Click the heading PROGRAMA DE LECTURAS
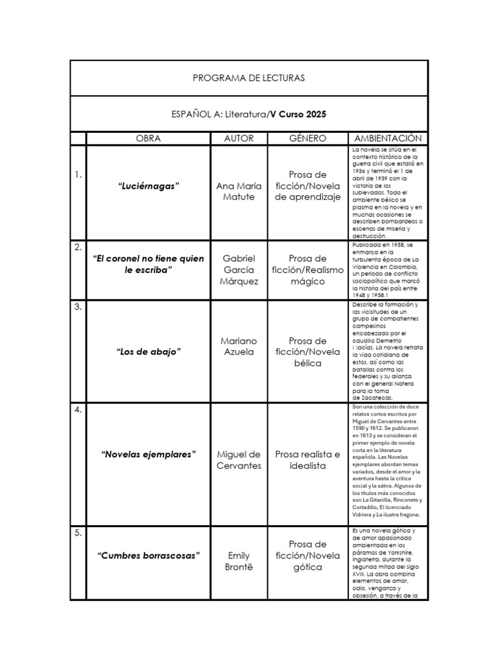(x=248, y=78)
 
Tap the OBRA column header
(x=148, y=138)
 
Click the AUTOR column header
(x=239, y=138)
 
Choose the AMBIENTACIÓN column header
(x=388, y=138)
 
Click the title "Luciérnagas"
(x=148, y=186)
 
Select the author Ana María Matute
(x=239, y=192)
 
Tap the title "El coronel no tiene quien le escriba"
(x=148, y=264)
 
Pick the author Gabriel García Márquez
(x=239, y=270)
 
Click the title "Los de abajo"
(x=148, y=351)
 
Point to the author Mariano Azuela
(x=239, y=346)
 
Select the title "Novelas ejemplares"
(x=148, y=454)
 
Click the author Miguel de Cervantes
(x=239, y=460)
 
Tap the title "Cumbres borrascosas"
(x=148, y=556)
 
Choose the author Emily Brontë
(x=239, y=562)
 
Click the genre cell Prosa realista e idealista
(x=307, y=460)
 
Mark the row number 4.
(x=78, y=409)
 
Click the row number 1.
(x=78, y=174)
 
